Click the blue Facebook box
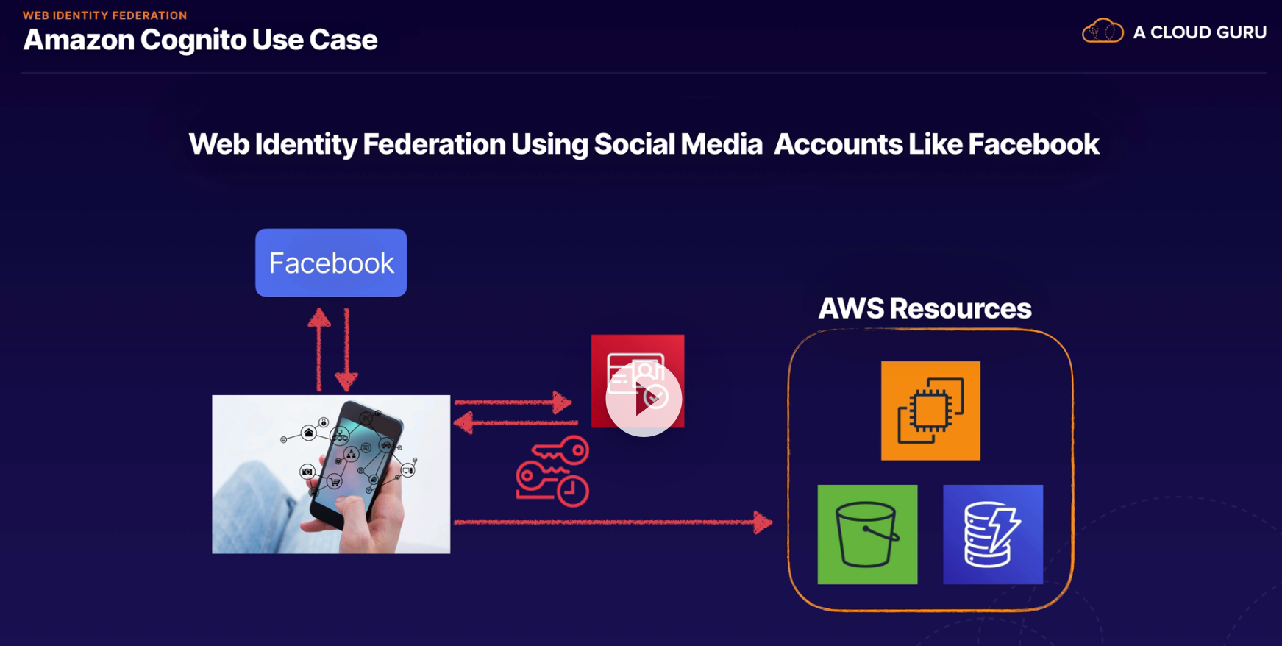(331, 263)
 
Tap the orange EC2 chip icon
(930, 411)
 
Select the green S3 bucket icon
(867, 534)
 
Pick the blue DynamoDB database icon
(993, 534)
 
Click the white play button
(644, 399)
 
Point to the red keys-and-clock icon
(553, 472)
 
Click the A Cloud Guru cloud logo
(1102, 32)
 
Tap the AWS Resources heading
(925, 308)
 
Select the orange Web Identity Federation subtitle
(104, 15)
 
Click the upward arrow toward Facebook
(318, 349)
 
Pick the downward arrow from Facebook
(346, 350)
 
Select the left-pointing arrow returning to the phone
(514, 422)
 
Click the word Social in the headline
(633, 144)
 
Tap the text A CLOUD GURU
(1199, 32)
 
